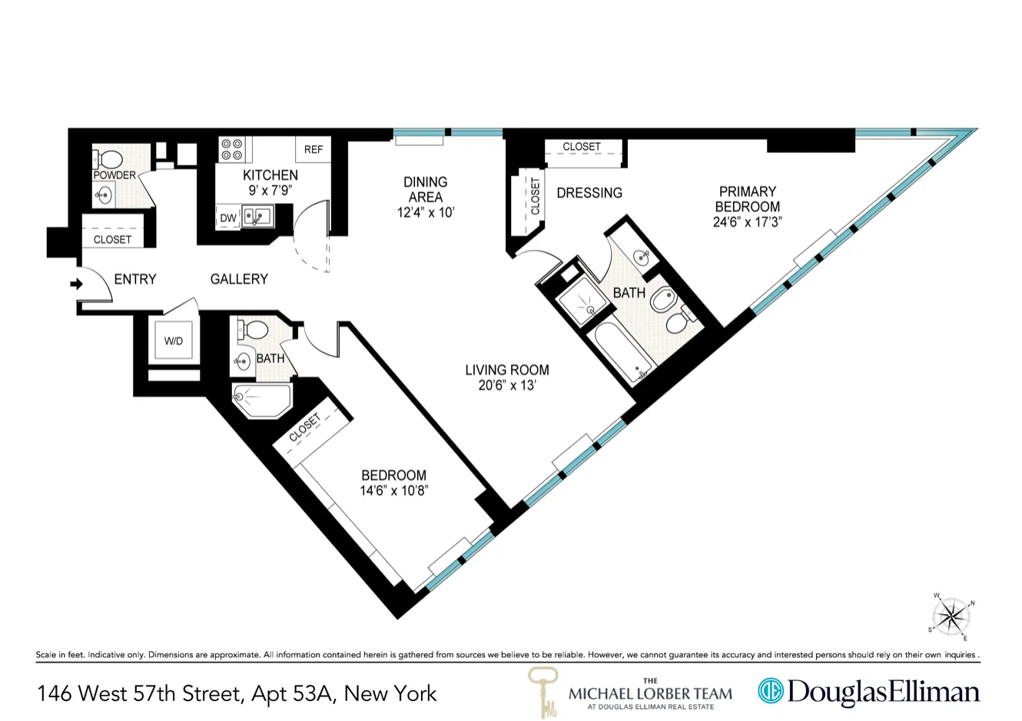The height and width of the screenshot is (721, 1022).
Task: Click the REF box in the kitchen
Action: (314, 149)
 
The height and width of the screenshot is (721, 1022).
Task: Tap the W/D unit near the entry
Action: (174, 341)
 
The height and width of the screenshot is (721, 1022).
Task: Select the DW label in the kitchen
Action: (228, 218)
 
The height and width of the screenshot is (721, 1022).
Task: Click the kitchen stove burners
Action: (232, 148)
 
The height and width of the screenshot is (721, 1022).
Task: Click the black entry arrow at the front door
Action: (76, 284)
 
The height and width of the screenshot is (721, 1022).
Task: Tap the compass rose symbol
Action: (952, 616)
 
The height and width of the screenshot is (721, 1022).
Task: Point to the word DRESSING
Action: (589, 193)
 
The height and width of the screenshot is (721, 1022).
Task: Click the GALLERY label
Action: (239, 279)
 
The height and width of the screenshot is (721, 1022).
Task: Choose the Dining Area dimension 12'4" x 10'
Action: (426, 212)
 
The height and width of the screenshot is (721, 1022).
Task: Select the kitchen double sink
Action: (258, 217)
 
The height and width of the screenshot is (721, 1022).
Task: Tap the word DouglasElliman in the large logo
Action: (884, 692)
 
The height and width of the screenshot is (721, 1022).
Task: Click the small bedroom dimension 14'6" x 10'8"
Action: (393, 490)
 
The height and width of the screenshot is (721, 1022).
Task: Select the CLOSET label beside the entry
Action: (112, 240)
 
